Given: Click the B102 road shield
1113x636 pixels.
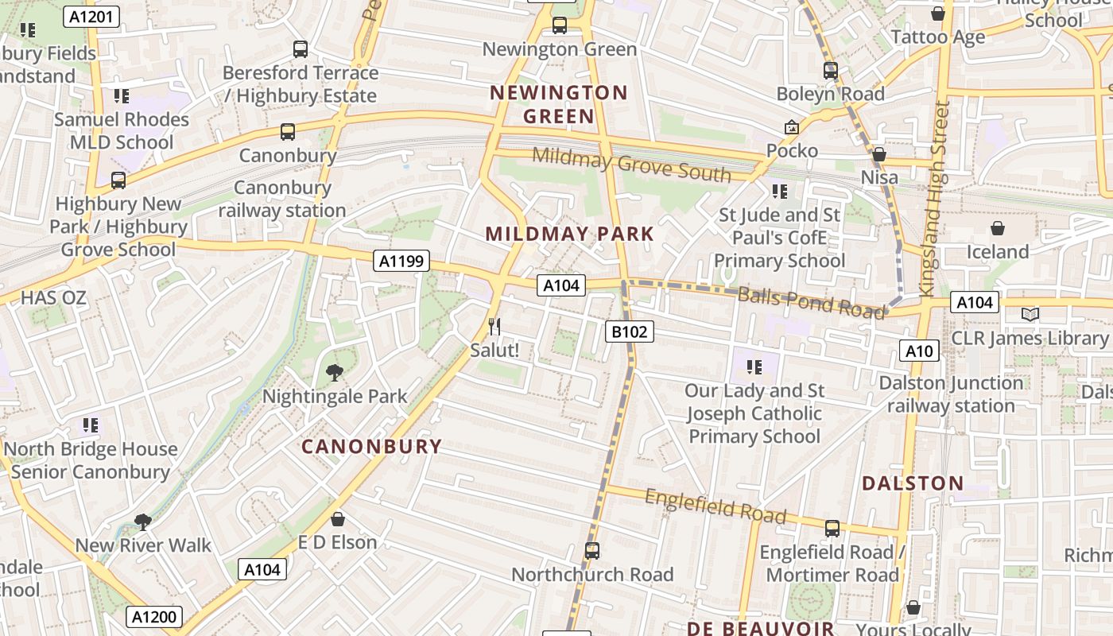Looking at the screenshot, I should (x=630, y=332).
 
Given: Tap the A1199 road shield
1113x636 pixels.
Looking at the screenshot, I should (x=403, y=261).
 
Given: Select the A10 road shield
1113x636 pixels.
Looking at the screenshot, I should (x=919, y=351).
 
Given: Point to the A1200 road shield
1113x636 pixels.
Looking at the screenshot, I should (x=154, y=617).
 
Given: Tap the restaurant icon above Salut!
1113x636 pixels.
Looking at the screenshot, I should (x=494, y=326).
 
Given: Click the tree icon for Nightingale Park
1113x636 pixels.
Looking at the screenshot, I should (x=335, y=372).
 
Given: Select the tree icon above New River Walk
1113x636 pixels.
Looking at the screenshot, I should (x=143, y=522).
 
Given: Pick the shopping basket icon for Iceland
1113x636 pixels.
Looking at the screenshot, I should (x=998, y=229).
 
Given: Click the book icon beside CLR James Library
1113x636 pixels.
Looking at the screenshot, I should (x=1030, y=315).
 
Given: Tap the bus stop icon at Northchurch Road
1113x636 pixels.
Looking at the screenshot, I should (x=592, y=550).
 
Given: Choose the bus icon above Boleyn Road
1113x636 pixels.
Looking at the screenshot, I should (x=831, y=71).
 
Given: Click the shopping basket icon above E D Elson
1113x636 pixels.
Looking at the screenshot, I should (x=338, y=519).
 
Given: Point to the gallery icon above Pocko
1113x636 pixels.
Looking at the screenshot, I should (x=792, y=127).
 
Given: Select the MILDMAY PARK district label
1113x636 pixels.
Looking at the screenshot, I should (x=569, y=234).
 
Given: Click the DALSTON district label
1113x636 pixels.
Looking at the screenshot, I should (x=913, y=483).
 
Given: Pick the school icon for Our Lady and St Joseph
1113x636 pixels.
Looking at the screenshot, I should (x=754, y=366).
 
